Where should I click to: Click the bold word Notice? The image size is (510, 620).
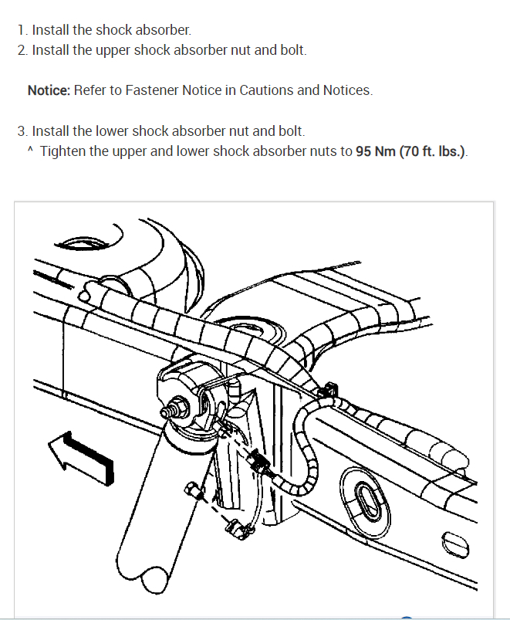click(x=49, y=90)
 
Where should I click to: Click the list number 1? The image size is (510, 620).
click(x=20, y=31)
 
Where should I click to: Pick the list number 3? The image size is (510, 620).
click(x=21, y=131)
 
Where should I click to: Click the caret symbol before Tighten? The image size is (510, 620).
click(x=30, y=150)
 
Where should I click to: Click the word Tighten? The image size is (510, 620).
click(x=63, y=151)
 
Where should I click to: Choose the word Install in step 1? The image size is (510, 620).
click(x=50, y=31)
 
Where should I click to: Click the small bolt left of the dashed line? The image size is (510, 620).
click(x=191, y=489)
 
